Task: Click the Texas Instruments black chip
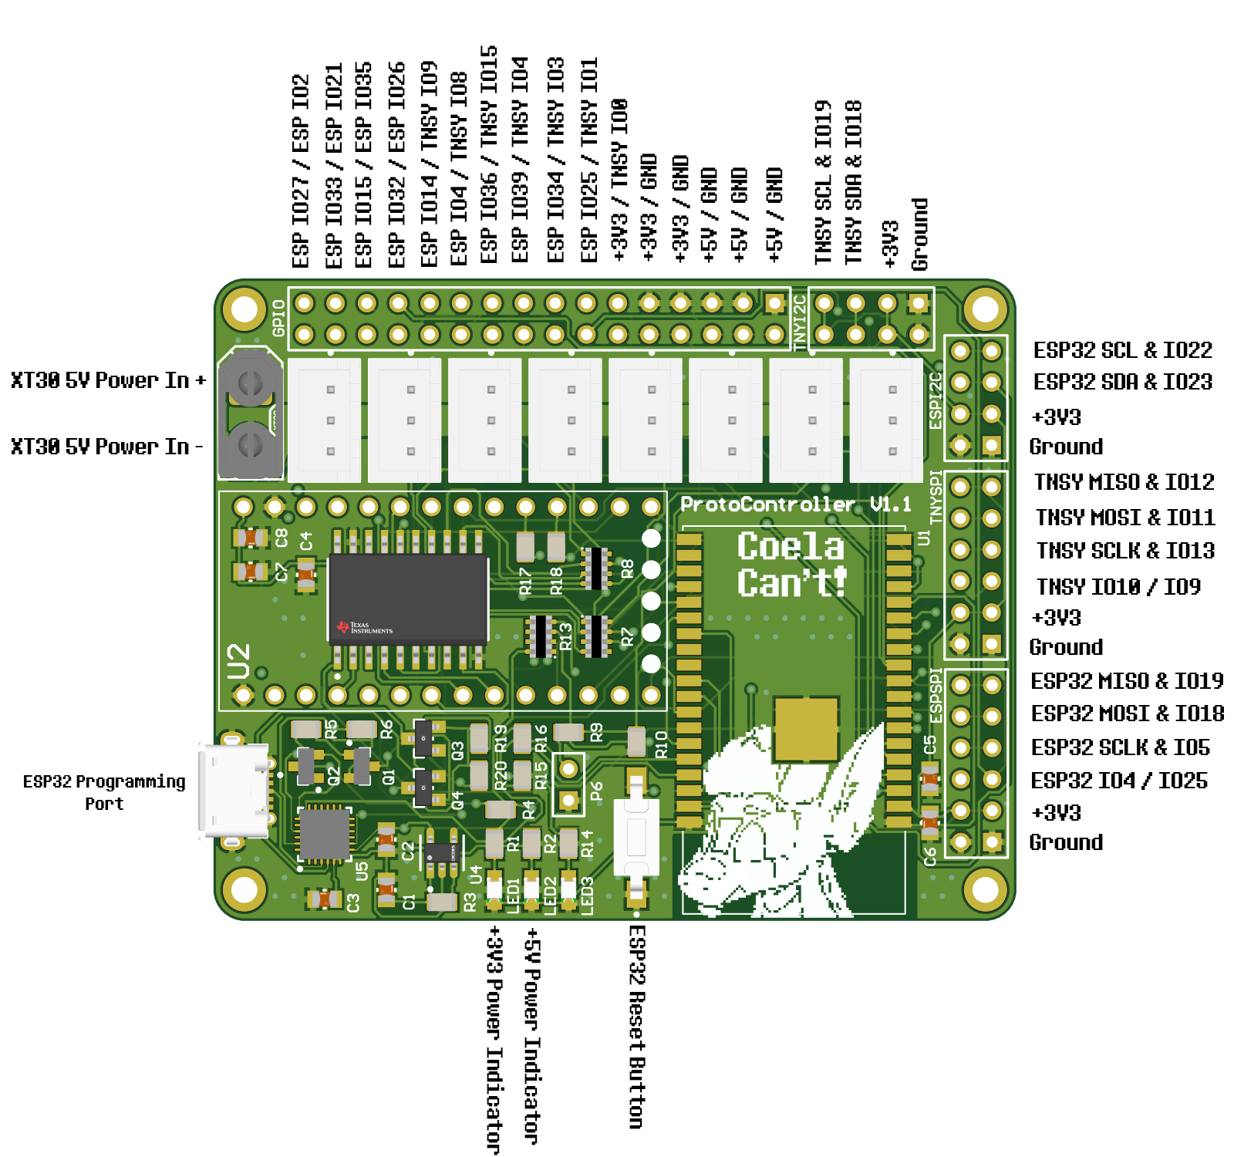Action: coord(408,598)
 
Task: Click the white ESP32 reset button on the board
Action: coord(636,837)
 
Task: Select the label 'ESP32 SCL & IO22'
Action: coord(1122,350)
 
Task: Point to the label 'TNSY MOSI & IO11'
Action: coord(1124,517)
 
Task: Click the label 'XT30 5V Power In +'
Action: coord(108,380)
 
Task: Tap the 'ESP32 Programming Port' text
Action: coord(104,792)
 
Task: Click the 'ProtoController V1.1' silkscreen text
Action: coord(794,504)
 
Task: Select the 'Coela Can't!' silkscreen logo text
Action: coord(791,565)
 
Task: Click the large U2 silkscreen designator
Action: coord(239,661)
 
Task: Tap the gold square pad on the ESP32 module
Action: coord(806,729)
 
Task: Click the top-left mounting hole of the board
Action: coord(244,309)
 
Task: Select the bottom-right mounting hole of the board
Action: coord(985,889)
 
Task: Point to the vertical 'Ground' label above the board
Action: coord(919,234)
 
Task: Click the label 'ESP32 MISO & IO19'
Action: coord(1126,681)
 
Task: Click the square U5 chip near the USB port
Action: coord(325,835)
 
